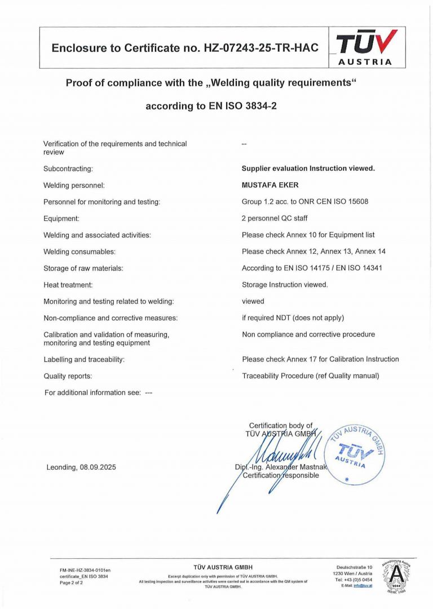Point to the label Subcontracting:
[x=68, y=169]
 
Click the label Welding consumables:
[x=79, y=251]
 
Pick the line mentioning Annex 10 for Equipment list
[x=308, y=235]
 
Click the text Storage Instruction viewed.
[x=285, y=285]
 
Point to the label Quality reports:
[x=68, y=376]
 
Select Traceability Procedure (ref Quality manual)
[x=311, y=376]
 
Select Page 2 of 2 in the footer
[x=71, y=582]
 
